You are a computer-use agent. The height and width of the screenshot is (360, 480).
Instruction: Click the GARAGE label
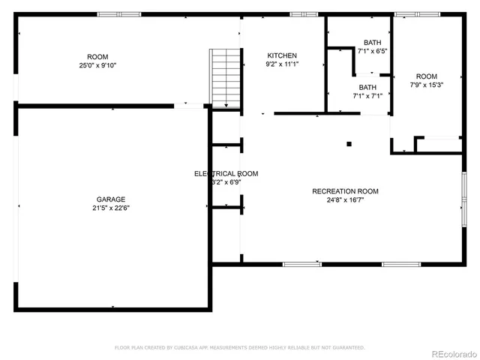click(x=109, y=199)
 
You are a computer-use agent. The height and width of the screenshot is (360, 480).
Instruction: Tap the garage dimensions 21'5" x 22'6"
click(x=109, y=208)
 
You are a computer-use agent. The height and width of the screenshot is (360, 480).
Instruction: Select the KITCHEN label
click(x=282, y=55)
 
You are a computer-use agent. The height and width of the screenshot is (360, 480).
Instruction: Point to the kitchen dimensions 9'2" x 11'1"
click(x=282, y=64)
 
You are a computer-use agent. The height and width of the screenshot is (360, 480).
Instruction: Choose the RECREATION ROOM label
click(x=345, y=191)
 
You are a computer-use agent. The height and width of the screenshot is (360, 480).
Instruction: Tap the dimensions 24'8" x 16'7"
click(x=345, y=200)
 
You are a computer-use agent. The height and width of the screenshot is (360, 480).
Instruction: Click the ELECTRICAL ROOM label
click(x=226, y=173)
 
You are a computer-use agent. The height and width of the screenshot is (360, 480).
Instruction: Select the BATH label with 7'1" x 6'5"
click(x=372, y=42)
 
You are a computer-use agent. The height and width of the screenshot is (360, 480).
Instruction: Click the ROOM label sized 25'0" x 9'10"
click(x=97, y=57)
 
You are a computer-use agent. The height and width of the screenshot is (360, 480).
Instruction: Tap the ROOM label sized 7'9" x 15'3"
click(x=426, y=76)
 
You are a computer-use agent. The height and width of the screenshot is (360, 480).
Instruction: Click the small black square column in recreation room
click(x=349, y=144)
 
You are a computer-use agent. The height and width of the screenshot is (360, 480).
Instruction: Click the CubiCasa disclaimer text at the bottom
click(x=239, y=347)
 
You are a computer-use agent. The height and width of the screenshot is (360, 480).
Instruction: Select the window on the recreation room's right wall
click(x=463, y=198)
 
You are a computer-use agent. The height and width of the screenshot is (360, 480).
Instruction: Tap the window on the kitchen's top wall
click(x=304, y=14)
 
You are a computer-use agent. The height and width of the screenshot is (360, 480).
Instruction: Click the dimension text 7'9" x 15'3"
click(x=426, y=85)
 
